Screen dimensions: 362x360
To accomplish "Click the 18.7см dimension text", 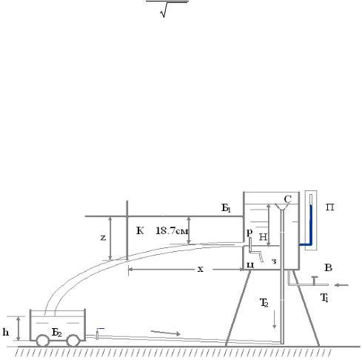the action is pyautogui.click(x=172, y=231).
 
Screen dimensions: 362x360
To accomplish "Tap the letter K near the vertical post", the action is pyautogui.click(x=140, y=230).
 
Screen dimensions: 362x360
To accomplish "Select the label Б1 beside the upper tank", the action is pyautogui.click(x=226, y=208).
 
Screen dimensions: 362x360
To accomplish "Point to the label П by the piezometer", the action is pyautogui.click(x=329, y=207).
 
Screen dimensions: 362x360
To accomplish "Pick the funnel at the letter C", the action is pyautogui.click(x=282, y=207).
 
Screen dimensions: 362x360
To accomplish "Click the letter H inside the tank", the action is pyautogui.click(x=263, y=237).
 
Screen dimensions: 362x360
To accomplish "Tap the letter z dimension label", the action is pyautogui.click(x=103, y=238).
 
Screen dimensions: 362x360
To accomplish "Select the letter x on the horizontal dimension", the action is pyautogui.click(x=201, y=269).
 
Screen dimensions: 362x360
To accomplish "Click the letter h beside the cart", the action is pyautogui.click(x=6, y=332).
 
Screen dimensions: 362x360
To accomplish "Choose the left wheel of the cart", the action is pyautogui.click(x=43, y=341).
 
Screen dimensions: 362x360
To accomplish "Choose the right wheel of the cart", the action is pyautogui.click(x=73, y=341).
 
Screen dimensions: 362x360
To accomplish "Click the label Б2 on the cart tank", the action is pyautogui.click(x=56, y=333).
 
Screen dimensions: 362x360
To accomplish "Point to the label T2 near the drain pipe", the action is pyautogui.click(x=264, y=303).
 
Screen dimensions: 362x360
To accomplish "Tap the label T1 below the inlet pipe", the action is pyautogui.click(x=324, y=298).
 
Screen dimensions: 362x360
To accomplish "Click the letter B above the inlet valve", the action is pyautogui.click(x=328, y=267).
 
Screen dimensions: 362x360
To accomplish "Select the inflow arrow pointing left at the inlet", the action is pyautogui.click(x=341, y=285).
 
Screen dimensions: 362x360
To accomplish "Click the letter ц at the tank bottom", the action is pyautogui.click(x=250, y=264).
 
